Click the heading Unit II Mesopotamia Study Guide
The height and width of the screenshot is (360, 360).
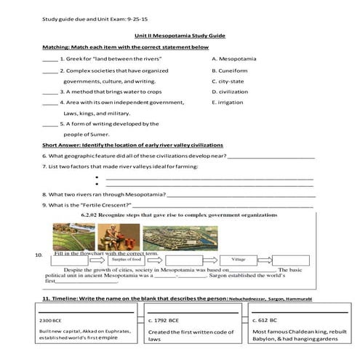(180, 35)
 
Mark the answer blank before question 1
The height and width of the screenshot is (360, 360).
(49, 58)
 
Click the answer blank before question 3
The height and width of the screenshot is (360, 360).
(49, 93)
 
